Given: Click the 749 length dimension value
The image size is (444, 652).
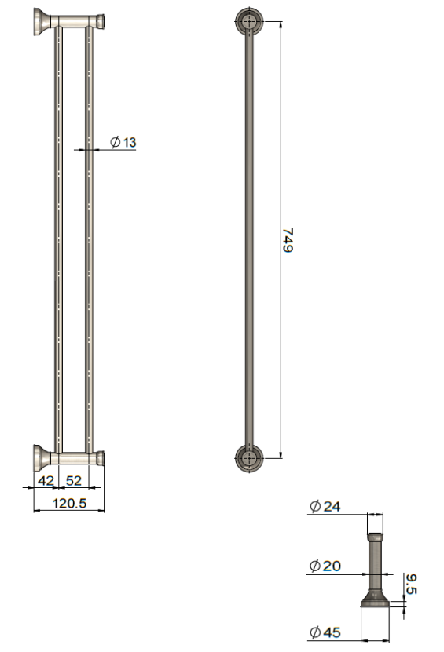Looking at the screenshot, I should point(288,240).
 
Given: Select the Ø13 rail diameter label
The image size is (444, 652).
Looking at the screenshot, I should point(123,142).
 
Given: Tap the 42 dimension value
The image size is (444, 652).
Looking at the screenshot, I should point(47,479).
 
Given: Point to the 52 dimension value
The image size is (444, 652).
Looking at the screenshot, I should point(73,479).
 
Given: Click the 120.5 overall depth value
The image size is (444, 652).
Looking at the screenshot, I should point(69,503).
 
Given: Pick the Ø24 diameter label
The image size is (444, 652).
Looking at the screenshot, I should point(325,507).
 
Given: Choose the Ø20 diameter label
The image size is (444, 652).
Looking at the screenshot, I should point(325,566).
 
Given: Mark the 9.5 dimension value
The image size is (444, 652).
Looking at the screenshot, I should point(411,585).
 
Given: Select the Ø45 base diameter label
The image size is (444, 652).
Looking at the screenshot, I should point(325,632).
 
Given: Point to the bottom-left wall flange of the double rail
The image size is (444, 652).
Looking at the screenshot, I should point(41,457).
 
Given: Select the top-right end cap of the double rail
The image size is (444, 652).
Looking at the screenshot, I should point(100,20).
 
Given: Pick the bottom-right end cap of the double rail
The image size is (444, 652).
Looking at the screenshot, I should point(100,457).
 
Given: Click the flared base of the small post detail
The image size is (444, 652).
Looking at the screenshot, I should point(376,599).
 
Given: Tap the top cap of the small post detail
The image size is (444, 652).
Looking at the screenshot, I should point(376,537).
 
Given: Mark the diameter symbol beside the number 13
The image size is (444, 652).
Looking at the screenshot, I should point(115,142).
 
